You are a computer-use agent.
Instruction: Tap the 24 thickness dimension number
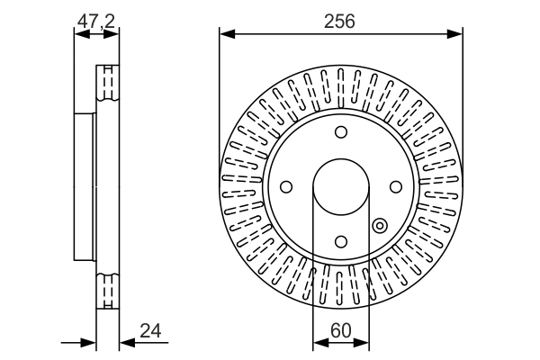point(151,331)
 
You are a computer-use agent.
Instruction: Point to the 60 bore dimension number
point(340,331)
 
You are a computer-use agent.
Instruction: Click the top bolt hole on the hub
point(340,133)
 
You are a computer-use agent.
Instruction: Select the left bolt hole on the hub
point(286,187)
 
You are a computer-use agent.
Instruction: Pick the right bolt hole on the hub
point(394,187)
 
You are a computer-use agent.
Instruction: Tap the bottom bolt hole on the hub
point(340,241)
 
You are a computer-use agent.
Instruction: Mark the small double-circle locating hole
point(379,226)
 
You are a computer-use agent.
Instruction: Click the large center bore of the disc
point(340,187)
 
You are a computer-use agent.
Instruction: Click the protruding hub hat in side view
point(84,187)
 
